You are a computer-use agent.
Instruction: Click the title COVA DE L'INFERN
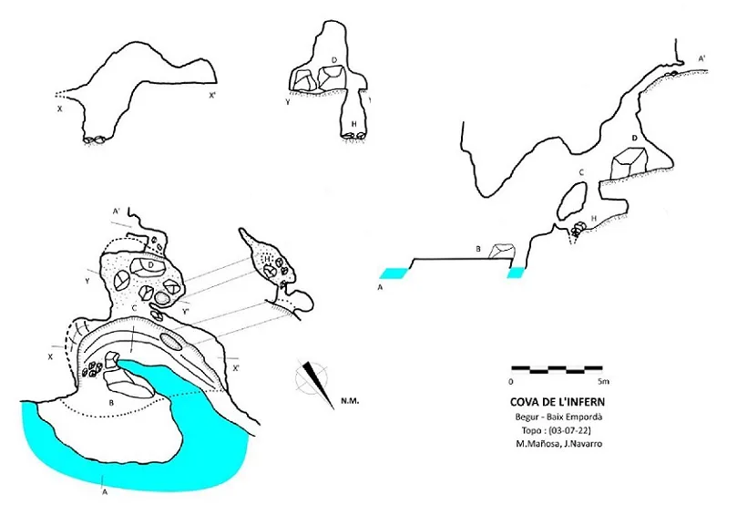coord(558,402)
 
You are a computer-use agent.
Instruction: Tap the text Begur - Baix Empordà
coord(558,417)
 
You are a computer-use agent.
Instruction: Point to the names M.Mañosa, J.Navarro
coord(558,444)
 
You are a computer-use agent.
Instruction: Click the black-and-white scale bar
coord(557,369)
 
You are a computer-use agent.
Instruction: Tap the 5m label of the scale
coord(603,381)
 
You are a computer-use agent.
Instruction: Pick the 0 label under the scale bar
coord(511,381)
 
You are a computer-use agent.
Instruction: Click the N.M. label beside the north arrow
coord(350,402)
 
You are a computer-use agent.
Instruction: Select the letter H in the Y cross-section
coord(354,124)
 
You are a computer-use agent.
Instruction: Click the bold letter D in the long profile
coord(635,139)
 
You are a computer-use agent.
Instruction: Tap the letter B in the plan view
coord(111,403)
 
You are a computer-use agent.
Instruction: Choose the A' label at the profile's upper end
coord(701,58)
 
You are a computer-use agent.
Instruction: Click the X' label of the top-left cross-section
coord(212,96)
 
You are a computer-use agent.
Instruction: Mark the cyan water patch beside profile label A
coord(394,273)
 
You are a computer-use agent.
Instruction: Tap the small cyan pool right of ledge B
coord(516,273)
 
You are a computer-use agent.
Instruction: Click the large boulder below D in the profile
coord(629,163)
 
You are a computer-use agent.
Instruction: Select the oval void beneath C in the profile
coord(574,198)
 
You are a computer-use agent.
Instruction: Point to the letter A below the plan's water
coord(105,493)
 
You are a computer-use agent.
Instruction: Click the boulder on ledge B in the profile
coord(502,251)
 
